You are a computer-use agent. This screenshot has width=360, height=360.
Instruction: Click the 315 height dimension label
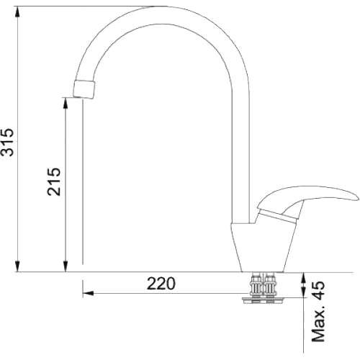pos(7,142)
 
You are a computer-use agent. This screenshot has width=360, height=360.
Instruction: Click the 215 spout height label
pos(54,181)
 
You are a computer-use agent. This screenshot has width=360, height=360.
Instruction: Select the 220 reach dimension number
pos(161,284)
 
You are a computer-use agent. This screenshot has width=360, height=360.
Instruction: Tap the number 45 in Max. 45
pos(318,291)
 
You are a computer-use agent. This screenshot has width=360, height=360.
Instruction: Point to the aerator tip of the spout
pos(84,89)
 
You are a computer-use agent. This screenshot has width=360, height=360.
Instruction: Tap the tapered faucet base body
pos(264,248)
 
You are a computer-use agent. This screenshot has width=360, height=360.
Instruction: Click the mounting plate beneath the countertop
pos(263,300)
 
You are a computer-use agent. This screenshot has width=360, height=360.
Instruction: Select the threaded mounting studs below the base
pos(264,285)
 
